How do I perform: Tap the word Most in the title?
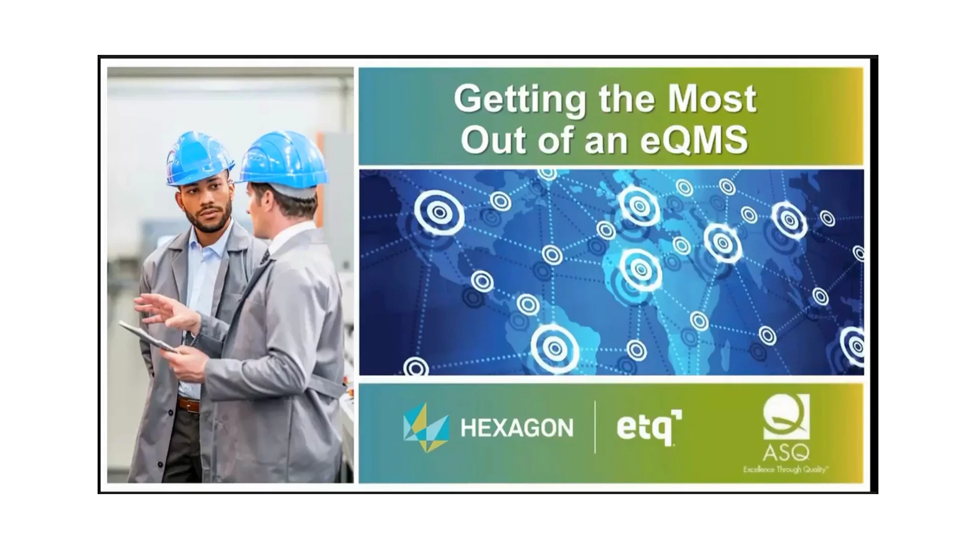point(712,99)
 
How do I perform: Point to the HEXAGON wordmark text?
point(516,428)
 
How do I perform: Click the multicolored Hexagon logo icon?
point(426,428)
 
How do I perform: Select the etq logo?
point(649,429)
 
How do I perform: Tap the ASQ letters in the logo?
point(785,452)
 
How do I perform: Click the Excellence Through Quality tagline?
point(785,469)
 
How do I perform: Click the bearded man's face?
point(208,208)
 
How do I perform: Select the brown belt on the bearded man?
point(189,405)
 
